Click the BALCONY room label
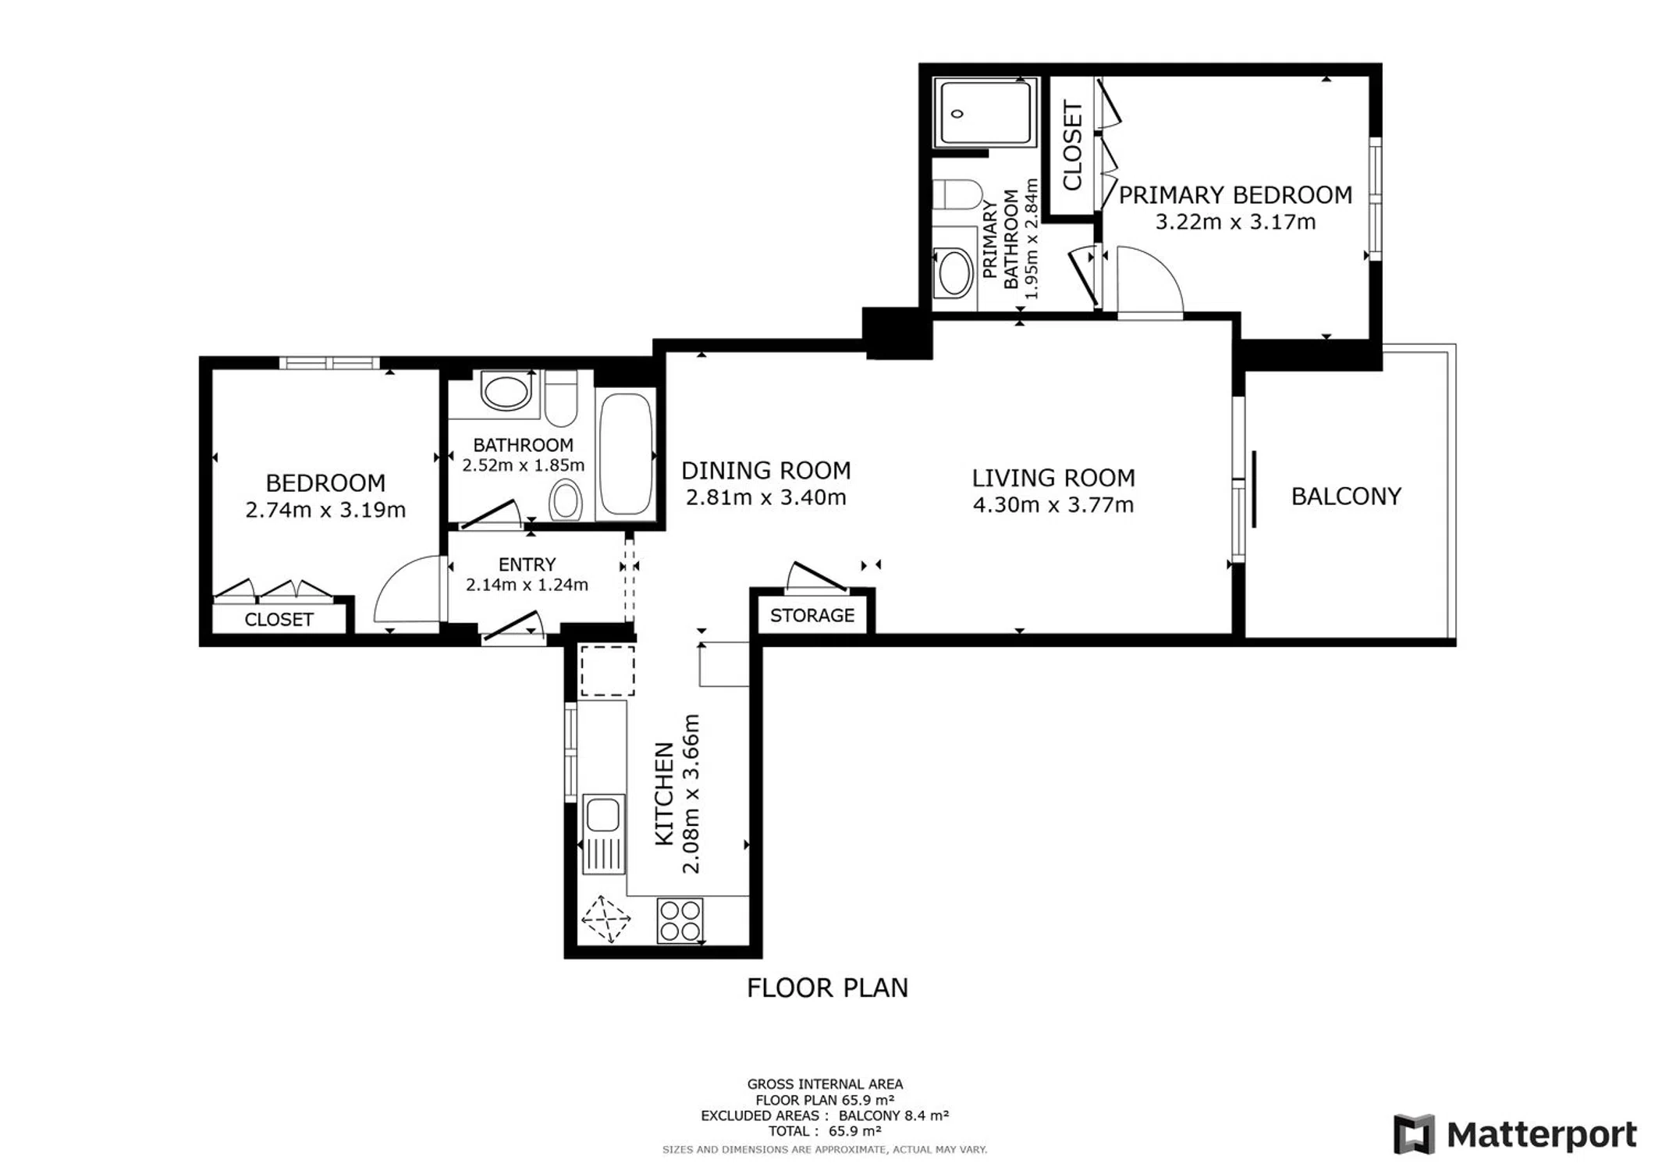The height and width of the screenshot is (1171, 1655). (x=1346, y=497)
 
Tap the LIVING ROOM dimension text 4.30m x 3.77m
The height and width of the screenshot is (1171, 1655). (x=1053, y=505)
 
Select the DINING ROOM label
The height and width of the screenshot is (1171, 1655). (x=765, y=471)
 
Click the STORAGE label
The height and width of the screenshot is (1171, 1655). (x=812, y=615)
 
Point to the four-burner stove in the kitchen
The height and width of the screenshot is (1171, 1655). (x=680, y=920)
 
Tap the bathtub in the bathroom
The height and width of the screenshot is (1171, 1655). (x=625, y=454)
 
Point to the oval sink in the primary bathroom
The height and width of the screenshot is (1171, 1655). (x=954, y=272)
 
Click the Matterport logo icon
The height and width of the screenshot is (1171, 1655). (x=1415, y=1134)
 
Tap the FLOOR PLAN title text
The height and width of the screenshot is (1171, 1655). (x=827, y=988)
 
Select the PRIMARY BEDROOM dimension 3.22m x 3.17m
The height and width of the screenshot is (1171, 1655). (x=1235, y=222)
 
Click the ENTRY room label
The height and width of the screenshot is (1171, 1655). (x=527, y=564)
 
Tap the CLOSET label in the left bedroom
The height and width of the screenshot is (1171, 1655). (x=279, y=620)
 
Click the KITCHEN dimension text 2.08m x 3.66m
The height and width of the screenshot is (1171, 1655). (x=691, y=794)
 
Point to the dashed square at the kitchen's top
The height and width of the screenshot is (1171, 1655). (x=607, y=671)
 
